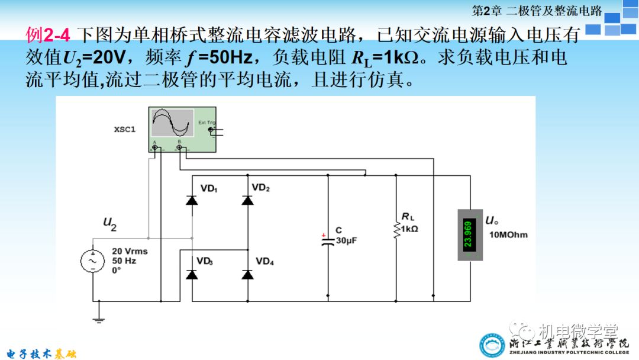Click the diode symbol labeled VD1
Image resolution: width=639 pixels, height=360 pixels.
pyautogui.click(x=191, y=200)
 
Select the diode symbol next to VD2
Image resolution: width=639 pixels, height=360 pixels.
pyautogui.click(x=248, y=200)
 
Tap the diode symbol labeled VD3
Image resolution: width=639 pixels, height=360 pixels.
pyautogui.click(x=191, y=274)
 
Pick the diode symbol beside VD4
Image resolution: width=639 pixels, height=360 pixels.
pyautogui.click(x=248, y=274)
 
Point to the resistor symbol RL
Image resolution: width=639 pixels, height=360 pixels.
pyautogui.click(x=395, y=229)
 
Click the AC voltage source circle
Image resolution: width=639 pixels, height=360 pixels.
pyautogui.click(x=93, y=261)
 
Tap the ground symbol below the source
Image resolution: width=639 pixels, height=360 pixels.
pyautogui.click(x=99, y=320)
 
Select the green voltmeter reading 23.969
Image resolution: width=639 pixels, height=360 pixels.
pyautogui.click(x=469, y=234)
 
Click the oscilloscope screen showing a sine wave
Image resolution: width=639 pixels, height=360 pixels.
pyautogui.click(x=172, y=123)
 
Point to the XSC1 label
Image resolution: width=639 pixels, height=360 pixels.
pyautogui.click(x=125, y=129)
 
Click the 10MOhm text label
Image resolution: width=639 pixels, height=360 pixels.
pyautogui.click(x=508, y=234)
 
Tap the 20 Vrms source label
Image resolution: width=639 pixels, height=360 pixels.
pyautogui.click(x=130, y=251)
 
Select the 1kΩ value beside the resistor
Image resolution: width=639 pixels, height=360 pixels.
pyautogui.click(x=409, y=229)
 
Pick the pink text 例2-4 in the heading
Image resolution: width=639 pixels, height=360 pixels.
pyautogui.click(x=48, y=36)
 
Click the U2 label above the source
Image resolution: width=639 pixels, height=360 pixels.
pyautogui.click(x=110, y=223)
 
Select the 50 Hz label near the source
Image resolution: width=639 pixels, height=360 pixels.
pyautogui.click(x=125, y=261)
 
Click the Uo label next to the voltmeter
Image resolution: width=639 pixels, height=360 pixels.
pyautogui.click(x=492, y=221)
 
